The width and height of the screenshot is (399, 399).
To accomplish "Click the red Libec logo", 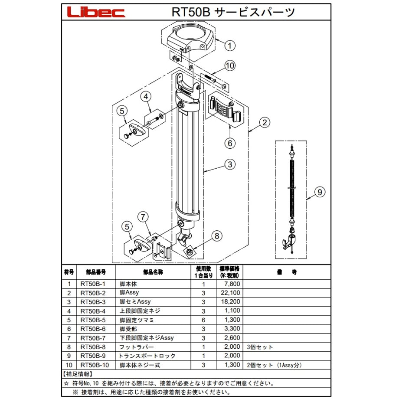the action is (x=96, y=12).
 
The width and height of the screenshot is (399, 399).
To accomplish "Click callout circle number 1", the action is (x=229, y=46).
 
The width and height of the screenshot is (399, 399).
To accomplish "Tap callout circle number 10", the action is (x=230, y=66).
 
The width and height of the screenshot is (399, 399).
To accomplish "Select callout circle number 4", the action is (x=146, y=96).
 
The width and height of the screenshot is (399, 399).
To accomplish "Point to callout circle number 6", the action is (x=230, y=143).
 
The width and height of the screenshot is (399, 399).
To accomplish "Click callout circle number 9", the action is (x=320, y=192).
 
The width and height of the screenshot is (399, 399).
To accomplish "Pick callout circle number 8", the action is (x=217, y=236).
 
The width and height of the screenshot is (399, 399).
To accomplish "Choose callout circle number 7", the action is (x=143, y=217).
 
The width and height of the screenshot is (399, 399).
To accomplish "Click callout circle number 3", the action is (x=230, y=164).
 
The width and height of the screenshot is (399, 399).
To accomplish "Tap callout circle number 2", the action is (x=265, y=122).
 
